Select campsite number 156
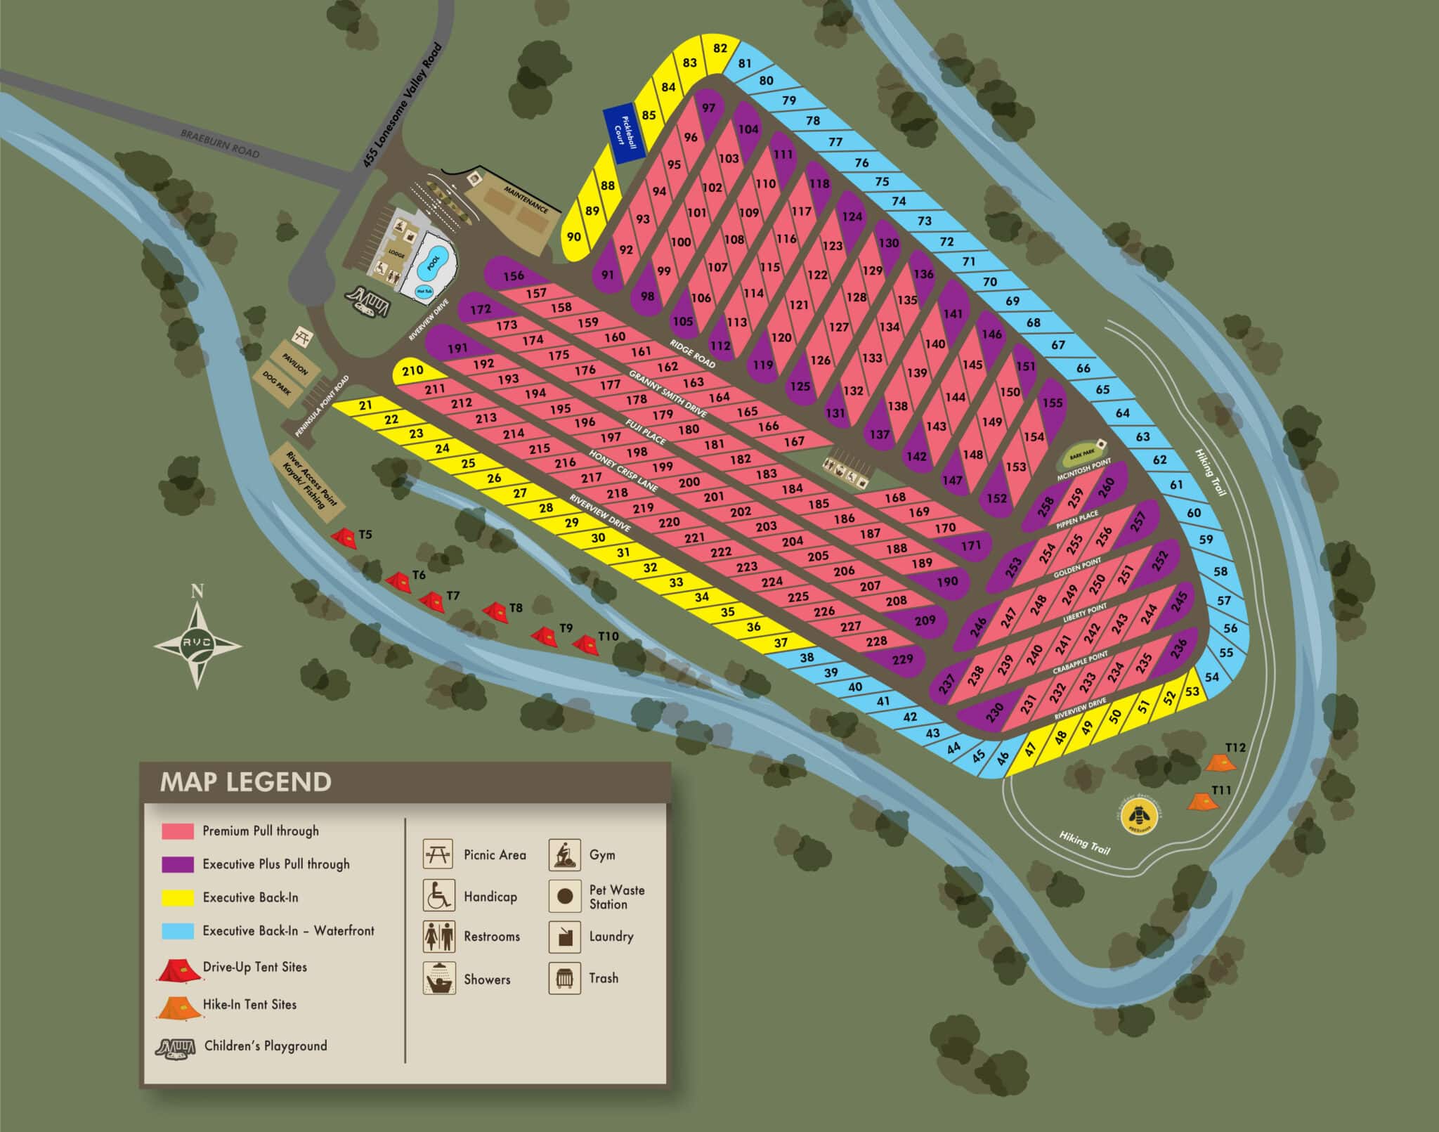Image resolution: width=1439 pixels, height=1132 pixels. coord(514,275)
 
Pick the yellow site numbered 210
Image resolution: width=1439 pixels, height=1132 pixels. coord(413,370)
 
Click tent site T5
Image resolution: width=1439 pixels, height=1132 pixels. coord(344,538)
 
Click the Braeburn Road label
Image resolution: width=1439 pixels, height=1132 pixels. coord(220,143)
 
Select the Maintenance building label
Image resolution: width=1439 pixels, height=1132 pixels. coord(526,200)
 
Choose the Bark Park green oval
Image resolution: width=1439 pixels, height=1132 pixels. coord(1082,455)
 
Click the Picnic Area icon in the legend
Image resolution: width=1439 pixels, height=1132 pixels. coord(438,854)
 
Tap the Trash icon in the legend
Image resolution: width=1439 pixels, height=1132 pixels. coord(564,978)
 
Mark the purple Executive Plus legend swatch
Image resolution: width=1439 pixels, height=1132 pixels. coord(178,864)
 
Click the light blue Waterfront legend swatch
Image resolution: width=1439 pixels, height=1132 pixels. coord(178,931)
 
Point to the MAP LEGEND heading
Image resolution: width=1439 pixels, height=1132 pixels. coord(245,782)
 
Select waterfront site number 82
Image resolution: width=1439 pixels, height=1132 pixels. coord(719,48)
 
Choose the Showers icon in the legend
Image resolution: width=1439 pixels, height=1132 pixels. coord(438,978)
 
